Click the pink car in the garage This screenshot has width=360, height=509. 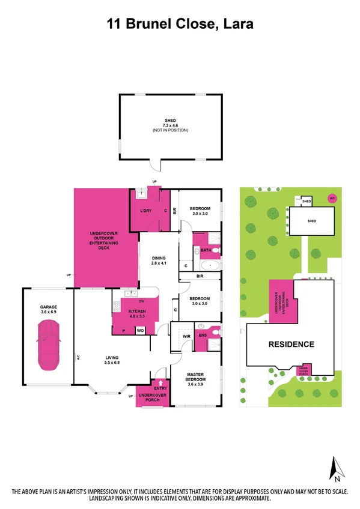[47, 346]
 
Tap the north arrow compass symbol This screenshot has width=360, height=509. [337, 469]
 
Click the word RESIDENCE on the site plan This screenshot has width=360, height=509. [291, 345]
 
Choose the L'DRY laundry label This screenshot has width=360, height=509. [145, 211]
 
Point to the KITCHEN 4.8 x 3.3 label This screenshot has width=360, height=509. [138, 312]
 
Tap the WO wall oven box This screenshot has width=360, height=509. [141, 330]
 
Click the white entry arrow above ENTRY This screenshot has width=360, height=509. [160, 382]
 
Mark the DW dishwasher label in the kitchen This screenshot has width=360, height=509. [141, 301]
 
